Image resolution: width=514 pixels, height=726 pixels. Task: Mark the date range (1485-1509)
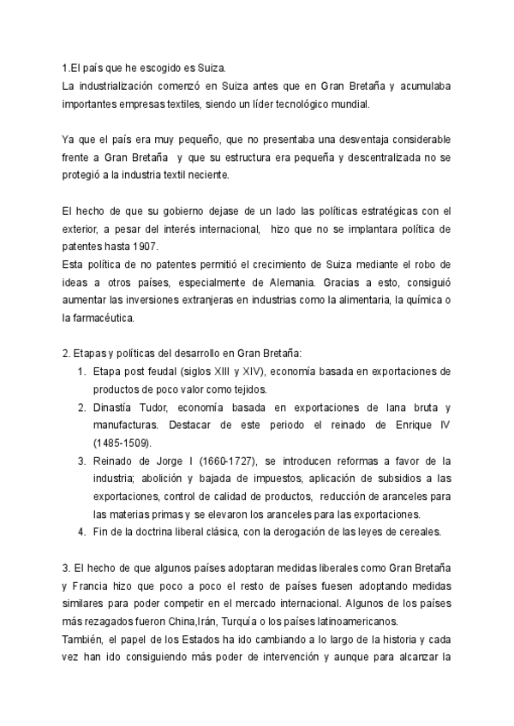point(122,443)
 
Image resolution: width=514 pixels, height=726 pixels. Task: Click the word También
point(83,640)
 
